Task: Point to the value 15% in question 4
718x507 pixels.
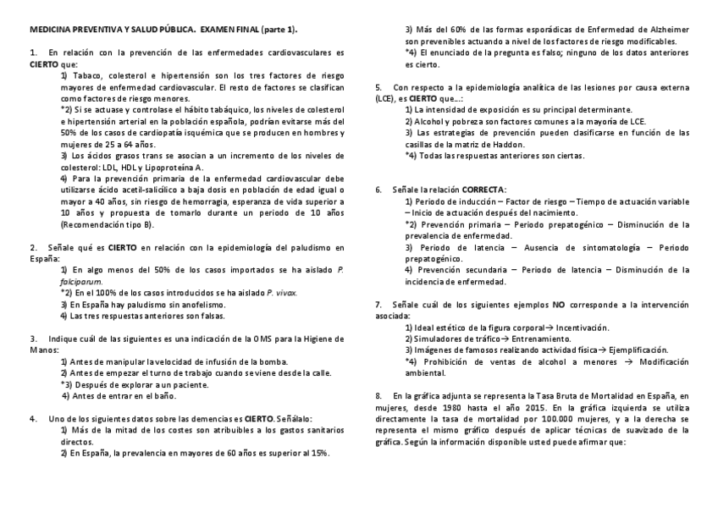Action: (320, 453)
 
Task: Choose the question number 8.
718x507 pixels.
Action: (378, 395)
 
